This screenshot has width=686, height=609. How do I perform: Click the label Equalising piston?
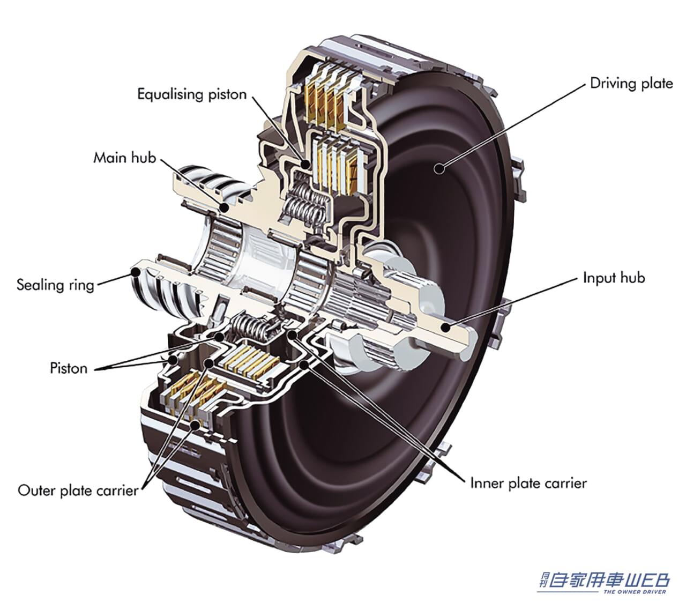[x=191, y=94]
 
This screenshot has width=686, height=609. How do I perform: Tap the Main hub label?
[x=124, y=158]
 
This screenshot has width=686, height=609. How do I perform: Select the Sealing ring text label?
[x=55, y=284]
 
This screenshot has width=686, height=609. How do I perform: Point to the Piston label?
[x=68, y=368]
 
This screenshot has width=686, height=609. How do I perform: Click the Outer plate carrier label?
[x=78, y=490]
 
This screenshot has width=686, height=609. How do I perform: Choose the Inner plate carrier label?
[x=528, y=483]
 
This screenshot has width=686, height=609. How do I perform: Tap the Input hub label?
[x=614, y=278]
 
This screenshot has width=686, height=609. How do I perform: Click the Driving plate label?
[x=631, y=83]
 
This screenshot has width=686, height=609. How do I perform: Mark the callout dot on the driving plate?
[x=439, y=168]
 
